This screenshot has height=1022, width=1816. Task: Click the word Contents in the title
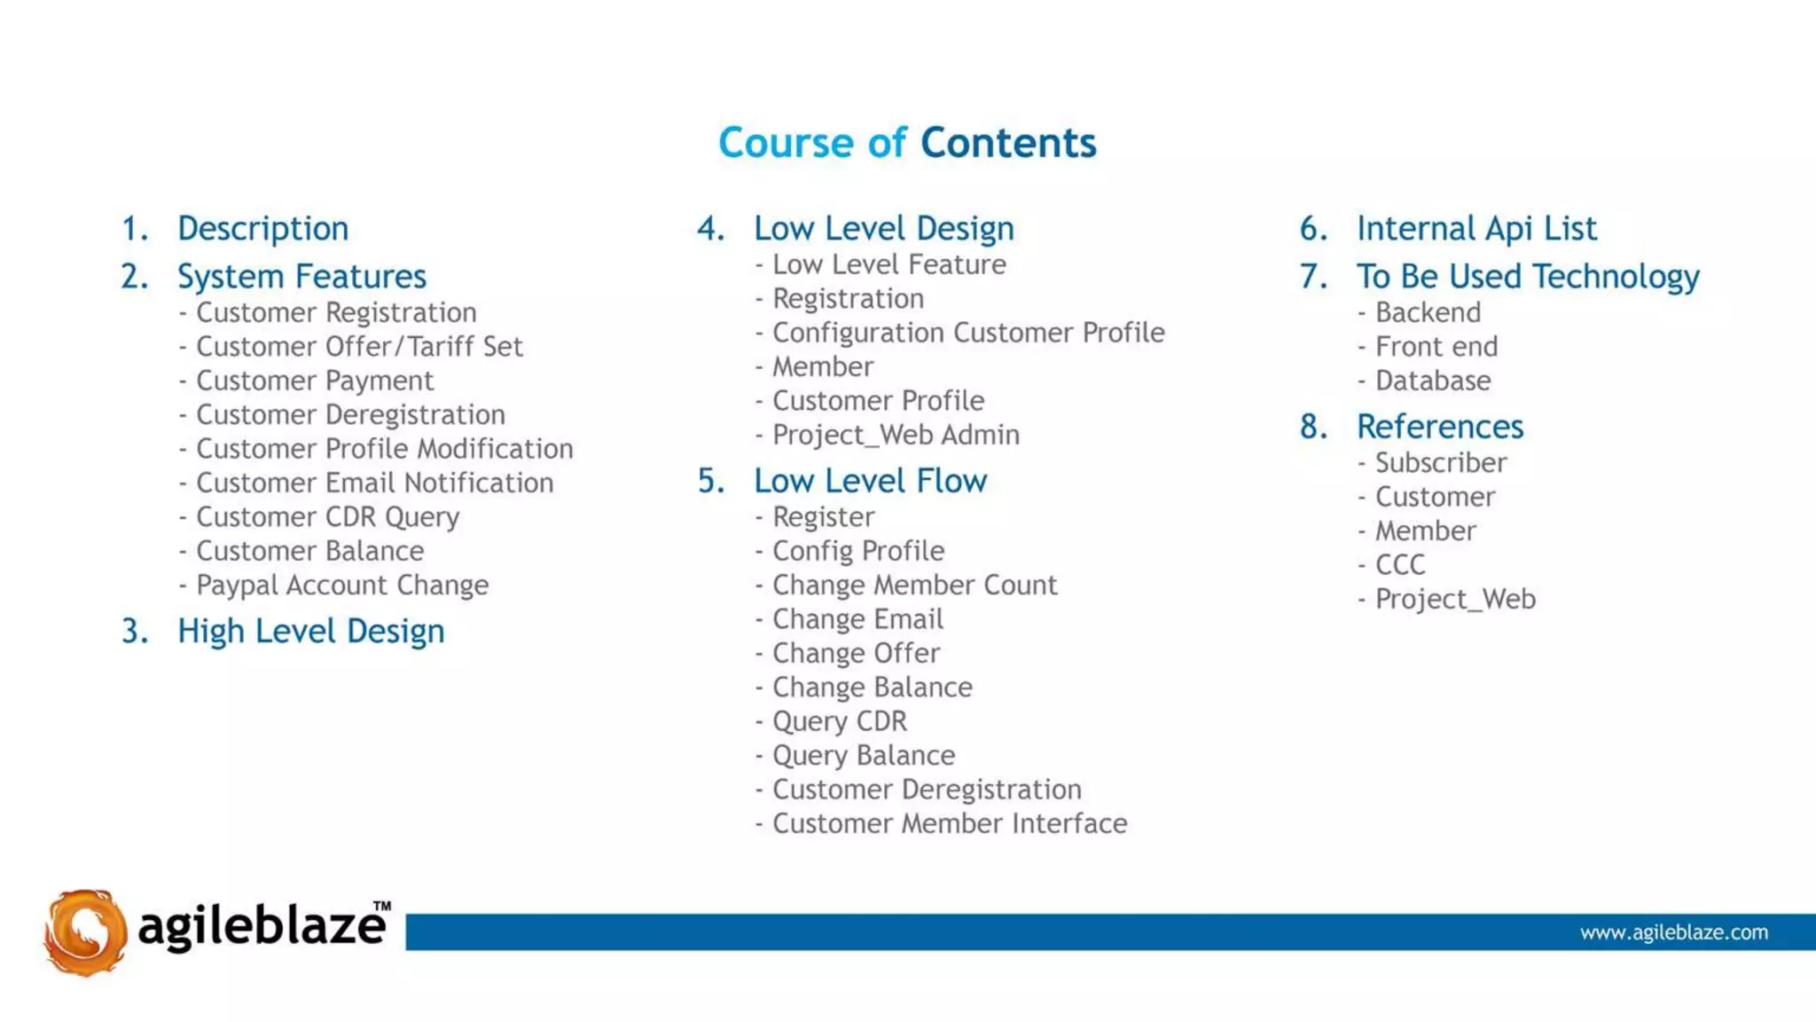pyautogui.click(x=1008, y=143)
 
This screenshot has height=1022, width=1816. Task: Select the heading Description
pyautogui.click(x=262, y=229)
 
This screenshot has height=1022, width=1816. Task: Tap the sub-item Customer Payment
pyautogui.click(x=315, y=381)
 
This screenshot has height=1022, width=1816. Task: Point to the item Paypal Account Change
pyautogui.click(x=342, y=586)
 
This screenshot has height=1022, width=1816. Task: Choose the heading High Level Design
pyautogui.click(x=310, y=632)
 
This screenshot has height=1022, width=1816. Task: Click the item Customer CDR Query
pyautogui.click(x=327, y=517)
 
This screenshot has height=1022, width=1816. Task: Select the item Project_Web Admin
pyautogui.click(x=896, y=435)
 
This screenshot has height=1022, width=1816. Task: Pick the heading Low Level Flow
pyautogui.click(x=870, y=481)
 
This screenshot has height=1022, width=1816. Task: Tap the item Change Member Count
pyautogui.click(x=914, y=586)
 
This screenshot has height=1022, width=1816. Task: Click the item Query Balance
pyautogui.click(x=864, y=756)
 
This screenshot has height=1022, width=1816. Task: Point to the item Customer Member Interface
pyautogui.click(x=950, y=824)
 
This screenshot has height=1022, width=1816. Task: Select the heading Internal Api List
pyautogui.click(x=1476, y=229)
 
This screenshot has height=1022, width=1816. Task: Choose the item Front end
pyautogui.click(x=1436, y=347)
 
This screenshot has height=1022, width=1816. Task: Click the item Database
pyautogui.click(x=1433, y=381)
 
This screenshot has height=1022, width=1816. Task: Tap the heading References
pyautogui.click(x=1440, y=427)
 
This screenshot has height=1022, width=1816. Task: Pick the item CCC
pyautogui.click(x=1400, y=565)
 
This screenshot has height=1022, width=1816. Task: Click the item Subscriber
pyautogui.click(x=1441, y=463)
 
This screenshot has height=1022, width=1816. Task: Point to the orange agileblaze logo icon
pyautogui.click(x=85, y=932)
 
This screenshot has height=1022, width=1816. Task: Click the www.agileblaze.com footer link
pyautogui.click(x=1673, y=932)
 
